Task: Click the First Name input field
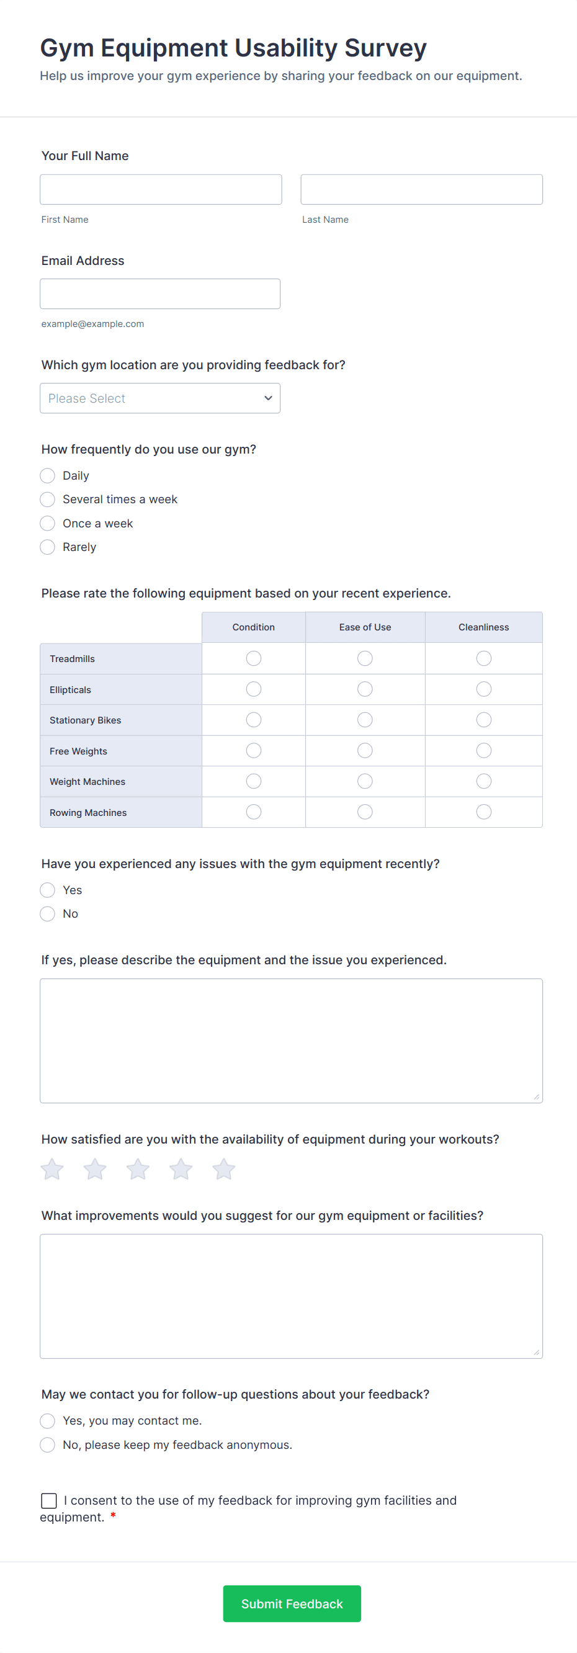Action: [x=161, y=189]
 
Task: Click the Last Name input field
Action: [x=421, y=189]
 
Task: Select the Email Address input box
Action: [x=160, y=294]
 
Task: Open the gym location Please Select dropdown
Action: [x=160, y=398]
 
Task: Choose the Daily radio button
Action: [x=48, y=475]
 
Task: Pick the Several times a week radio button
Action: [x=48, y=499]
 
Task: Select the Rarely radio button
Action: [x=48, y=547]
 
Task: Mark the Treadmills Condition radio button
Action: [x=254, y=658]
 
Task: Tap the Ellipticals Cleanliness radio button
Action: [x=483, y=689]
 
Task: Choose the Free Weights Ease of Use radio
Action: [x=365, y=751]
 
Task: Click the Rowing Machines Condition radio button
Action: [x=254, y=812]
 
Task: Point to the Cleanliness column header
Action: [x=483, y=627]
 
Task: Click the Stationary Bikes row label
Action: [x=86, y=720]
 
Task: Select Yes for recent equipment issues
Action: [x=48, y=890]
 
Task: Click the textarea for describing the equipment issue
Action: [x=291, y=1040]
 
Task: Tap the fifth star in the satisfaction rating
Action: [x=223, y=1169]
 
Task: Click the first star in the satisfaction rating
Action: [x=52, y=1169]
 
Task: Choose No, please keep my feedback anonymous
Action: [x=48, y=1445]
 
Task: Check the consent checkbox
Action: [x=49, y=1500]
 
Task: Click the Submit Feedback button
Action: [x=292, y=1603]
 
